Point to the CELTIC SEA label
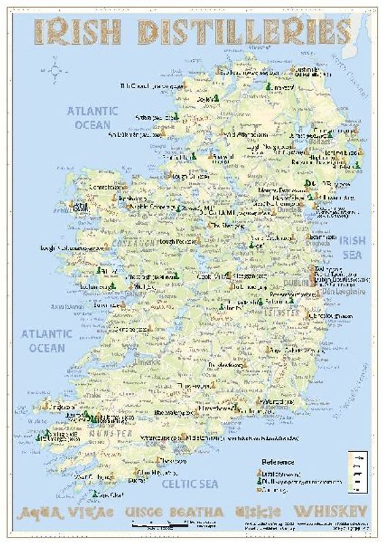point(190,483)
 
